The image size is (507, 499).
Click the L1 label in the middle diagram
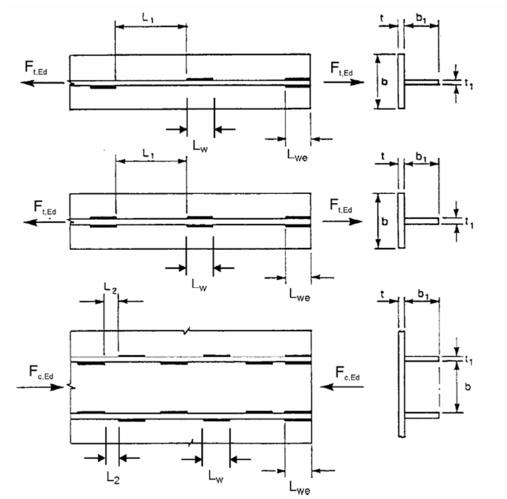(151, 153)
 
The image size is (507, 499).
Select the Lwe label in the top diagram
(298, 155)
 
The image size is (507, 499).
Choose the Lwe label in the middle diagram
(298, 292)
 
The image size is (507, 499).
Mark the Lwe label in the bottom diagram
(298, 490)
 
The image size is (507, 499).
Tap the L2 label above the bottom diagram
(111, 287)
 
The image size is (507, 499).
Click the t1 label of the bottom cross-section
(470, 360)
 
